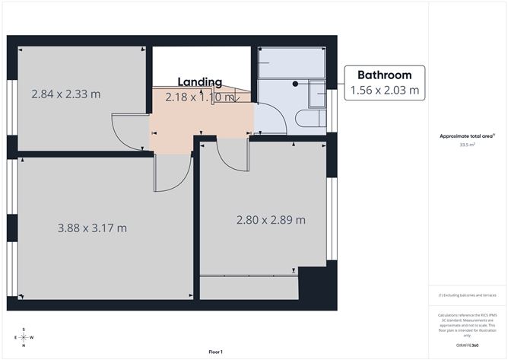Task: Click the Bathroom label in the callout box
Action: [384, 75]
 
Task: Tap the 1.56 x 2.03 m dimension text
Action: [384, 91]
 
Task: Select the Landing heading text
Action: [200, 82]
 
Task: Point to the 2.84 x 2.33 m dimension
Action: [66, 94]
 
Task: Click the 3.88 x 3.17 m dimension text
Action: [92, 228]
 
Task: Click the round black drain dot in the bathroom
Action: [295, 83]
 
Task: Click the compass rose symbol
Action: [24, 337]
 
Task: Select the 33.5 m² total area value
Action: [467, 142]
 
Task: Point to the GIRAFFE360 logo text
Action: [466, 346]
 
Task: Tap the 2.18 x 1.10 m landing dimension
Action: [200, 97]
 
